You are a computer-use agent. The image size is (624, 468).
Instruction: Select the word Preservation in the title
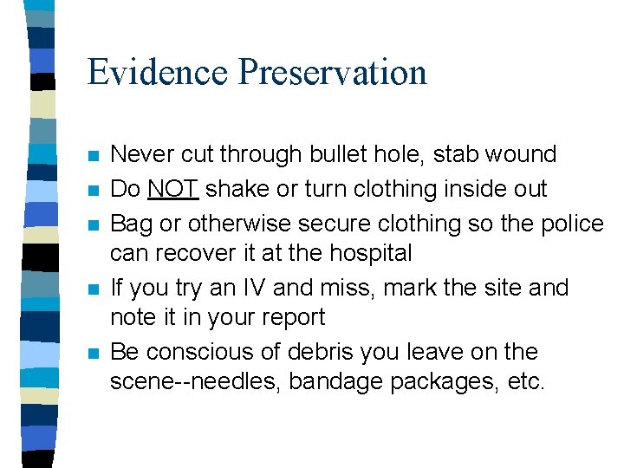333,72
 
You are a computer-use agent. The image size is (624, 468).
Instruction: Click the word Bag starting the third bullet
131,224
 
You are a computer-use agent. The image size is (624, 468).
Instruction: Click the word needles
231,382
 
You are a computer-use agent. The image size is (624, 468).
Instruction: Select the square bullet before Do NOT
94,191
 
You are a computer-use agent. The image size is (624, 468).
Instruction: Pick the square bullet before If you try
94,289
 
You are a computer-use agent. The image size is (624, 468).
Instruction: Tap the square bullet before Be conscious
94,354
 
